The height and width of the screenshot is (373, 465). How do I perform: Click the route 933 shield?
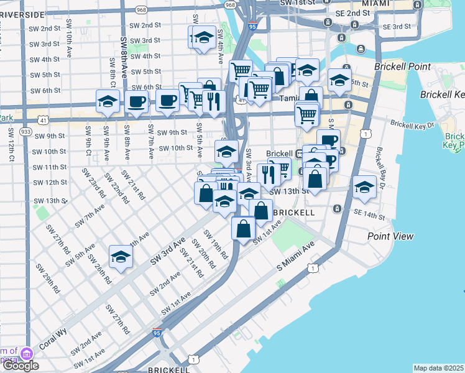coord(25,132)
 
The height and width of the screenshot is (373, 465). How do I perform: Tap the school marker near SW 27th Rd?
coord(121,257)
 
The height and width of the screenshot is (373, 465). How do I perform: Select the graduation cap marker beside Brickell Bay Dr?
coord(364,188)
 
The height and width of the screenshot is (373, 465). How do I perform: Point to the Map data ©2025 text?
coord(438,368)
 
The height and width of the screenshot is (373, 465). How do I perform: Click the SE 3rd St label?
coord(397,27)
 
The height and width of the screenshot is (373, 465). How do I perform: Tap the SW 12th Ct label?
coord(11,145)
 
